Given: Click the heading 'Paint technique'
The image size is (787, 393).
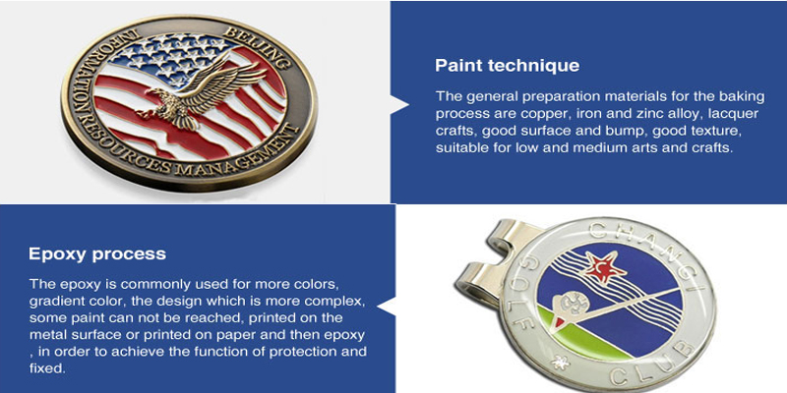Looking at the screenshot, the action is [507, 66].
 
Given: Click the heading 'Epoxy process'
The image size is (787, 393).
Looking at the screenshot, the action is [97, 253].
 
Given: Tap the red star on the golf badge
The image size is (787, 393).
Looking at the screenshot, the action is [605, 267].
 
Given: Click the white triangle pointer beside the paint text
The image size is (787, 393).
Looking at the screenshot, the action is [399, 104].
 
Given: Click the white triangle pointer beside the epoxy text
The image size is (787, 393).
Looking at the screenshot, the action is [386, 306].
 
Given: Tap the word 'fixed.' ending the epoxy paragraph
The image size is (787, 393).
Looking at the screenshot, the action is [47, 368].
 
